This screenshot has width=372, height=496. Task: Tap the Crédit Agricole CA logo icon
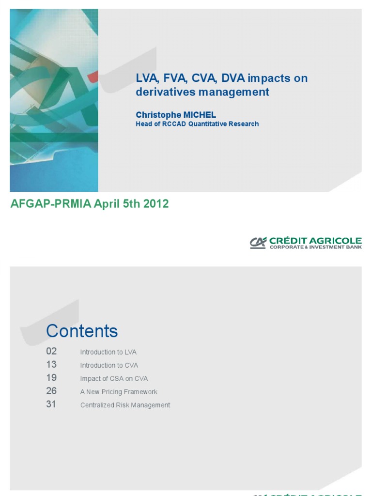point(258,243)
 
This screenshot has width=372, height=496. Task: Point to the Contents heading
point(82,331)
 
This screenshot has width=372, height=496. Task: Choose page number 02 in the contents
point(51,351)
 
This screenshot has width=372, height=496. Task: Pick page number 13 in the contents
point(51,364)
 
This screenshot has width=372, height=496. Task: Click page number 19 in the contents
point(51,377)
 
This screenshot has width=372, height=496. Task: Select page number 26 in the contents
point(51,390)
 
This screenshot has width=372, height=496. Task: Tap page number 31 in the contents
point(51,404)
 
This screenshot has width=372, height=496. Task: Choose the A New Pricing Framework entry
point(119,392)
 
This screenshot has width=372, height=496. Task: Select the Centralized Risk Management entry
point(125,405)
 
